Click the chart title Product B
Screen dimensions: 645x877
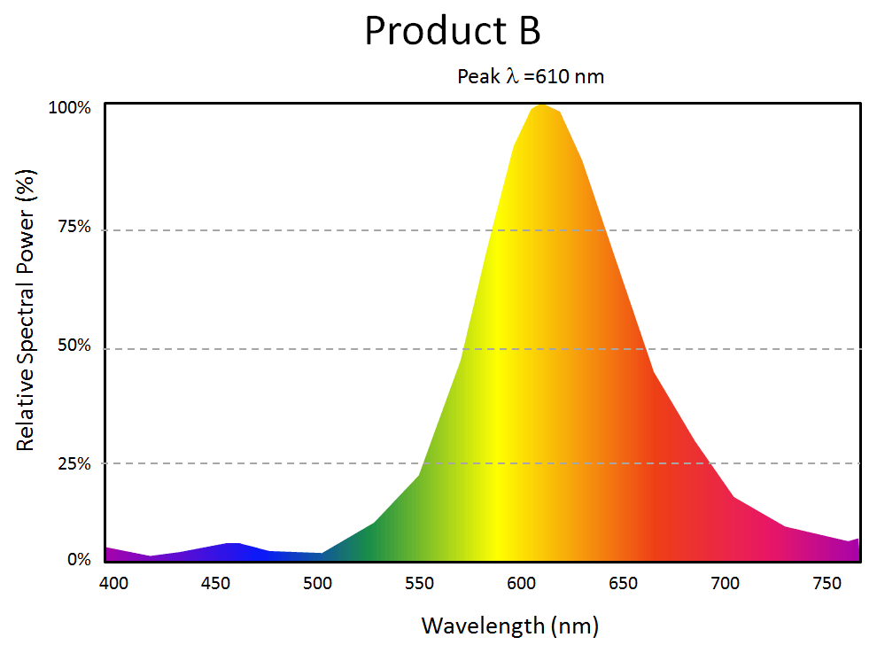point(452,31)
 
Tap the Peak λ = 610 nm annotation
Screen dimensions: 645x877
point(530,76)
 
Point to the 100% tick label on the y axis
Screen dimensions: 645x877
point(70,108)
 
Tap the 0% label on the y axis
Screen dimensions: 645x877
point(79,560)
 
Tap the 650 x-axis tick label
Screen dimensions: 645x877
point(624,583)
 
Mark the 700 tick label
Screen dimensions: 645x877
point(726,583)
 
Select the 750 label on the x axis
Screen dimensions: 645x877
point(829,583)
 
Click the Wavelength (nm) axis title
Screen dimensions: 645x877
point(509,626)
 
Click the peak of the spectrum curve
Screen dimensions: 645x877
point(541,105)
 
